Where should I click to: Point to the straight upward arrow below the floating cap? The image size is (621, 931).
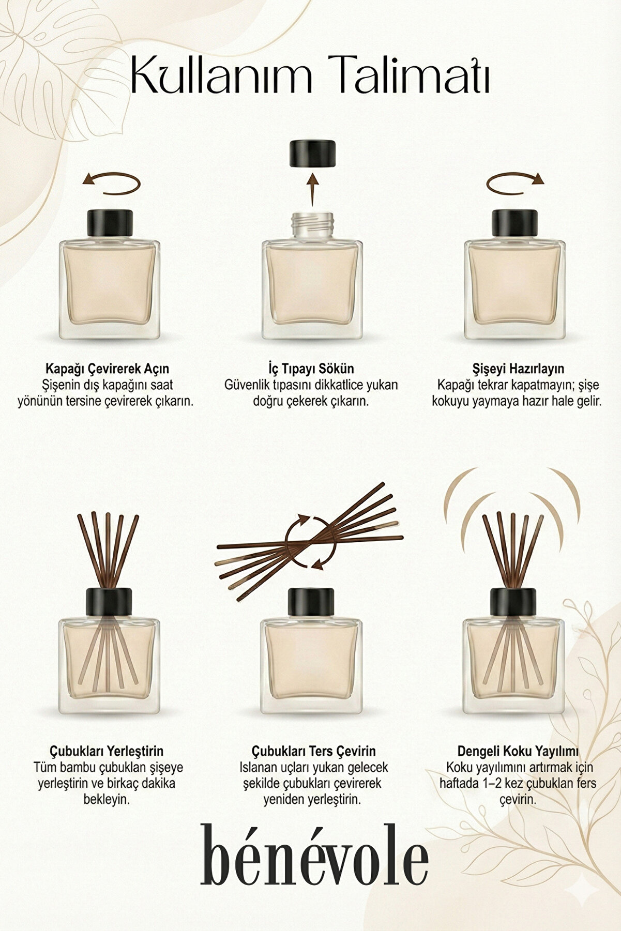(x=312, y=190)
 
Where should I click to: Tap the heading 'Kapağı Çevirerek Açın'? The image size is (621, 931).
(x=107, y=369)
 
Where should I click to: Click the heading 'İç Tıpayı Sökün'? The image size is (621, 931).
(x=311, y=369)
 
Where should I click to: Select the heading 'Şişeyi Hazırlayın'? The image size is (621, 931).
(x=518, y=369)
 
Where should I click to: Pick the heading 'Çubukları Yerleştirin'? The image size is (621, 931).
(x=107, y=751)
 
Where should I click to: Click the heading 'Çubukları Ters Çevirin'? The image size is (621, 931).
(x=314, y=751)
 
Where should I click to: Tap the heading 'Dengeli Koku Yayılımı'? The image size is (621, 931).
(x=518, y=751)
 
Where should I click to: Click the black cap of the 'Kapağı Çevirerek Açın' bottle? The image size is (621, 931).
(x=109, y=223)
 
